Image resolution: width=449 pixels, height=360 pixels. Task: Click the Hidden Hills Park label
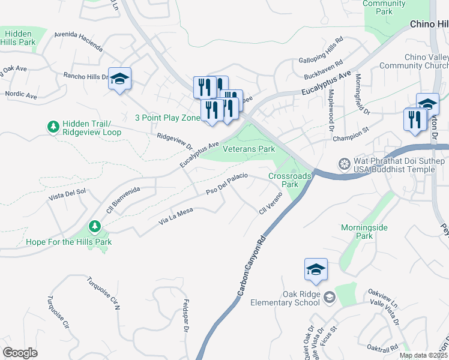[x=18, y=38]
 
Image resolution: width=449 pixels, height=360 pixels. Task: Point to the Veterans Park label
[x=249, y=148]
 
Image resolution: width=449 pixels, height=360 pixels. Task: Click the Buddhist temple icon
[x=345, y=164]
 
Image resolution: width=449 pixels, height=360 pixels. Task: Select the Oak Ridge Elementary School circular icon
[x=329, y=297]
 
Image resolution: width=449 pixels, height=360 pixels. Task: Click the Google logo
[x=20, y=353]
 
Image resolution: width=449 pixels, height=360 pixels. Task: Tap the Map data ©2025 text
[x=423, y=355]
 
